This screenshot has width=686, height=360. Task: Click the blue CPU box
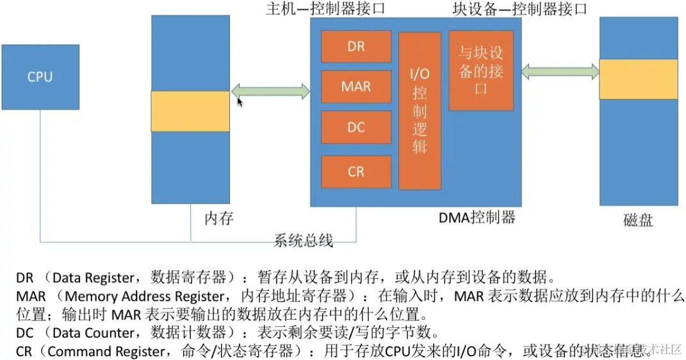tap(40, 77)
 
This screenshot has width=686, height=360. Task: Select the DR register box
tap(356, 46)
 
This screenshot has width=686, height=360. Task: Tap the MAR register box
tap(356, 86)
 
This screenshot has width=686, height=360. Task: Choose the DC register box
tap(356, 127)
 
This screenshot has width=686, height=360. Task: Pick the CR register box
tap(356, 172)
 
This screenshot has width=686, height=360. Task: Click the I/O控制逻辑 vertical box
tap(420, 111)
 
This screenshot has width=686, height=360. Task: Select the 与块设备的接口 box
tap(481, 70)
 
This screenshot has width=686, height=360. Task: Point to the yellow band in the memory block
tap(190, 111)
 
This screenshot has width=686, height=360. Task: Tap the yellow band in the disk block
tap(638, 79)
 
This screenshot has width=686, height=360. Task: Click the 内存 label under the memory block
tap(218, 218)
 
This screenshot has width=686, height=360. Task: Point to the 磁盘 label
tap(638, 220)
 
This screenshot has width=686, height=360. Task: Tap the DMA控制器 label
tap(477, 217)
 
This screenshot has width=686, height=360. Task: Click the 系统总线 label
tap(304, 241)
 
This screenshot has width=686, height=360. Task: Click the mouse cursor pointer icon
tap(240, 102)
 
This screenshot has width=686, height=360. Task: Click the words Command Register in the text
tap(110, 351)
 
